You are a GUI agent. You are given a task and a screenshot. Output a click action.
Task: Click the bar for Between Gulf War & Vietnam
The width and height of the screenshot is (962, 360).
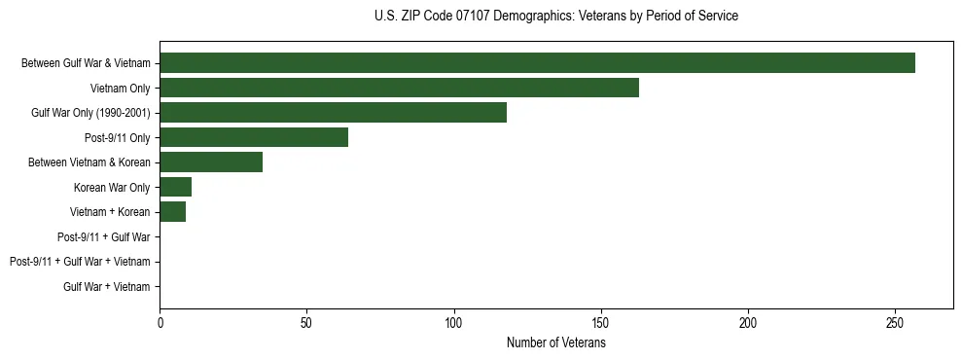(537, 62)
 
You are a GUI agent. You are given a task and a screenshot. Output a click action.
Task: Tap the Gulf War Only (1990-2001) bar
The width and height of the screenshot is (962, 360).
(333, 113)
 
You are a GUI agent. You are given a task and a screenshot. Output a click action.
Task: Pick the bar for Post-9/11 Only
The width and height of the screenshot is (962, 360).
(254, 137)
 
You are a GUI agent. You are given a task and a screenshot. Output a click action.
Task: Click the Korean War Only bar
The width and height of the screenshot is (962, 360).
(175, 187)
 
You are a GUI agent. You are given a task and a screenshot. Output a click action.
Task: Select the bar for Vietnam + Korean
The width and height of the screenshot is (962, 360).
(172, 212)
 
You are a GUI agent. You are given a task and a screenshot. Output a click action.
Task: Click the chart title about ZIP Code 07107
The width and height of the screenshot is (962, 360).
(556, 17)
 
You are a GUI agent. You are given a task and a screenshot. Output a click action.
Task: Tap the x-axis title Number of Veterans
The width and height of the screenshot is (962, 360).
(556, 342)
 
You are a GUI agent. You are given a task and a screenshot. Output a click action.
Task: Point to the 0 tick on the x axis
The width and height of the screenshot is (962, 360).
(160, 322)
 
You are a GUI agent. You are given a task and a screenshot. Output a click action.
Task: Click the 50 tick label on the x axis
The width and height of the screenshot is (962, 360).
(306, 322)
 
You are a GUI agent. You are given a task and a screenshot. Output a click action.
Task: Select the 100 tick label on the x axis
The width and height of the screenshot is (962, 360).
(454, 322)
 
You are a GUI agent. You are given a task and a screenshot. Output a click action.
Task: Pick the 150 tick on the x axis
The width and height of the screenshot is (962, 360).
(601, 322)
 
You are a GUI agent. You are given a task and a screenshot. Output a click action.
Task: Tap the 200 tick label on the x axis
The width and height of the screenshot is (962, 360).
(748, 322)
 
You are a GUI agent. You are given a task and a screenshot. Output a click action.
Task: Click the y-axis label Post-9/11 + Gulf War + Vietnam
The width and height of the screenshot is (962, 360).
(80, 262)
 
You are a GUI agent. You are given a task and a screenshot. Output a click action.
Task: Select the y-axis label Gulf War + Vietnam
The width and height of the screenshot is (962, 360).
(107, 287)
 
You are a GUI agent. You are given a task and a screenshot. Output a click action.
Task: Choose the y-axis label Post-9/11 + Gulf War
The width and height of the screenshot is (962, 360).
(104, 236)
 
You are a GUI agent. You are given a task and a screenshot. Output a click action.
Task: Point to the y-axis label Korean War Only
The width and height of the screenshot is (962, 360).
(112, 187)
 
